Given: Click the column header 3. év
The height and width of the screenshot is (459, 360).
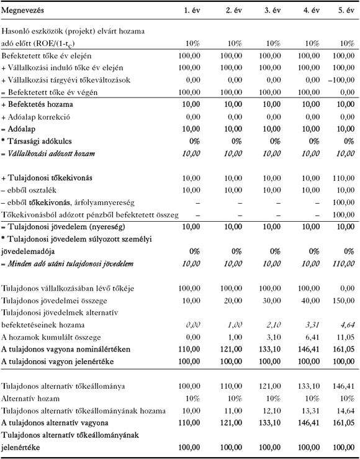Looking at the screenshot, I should pyautogui.click(x=271, y=11).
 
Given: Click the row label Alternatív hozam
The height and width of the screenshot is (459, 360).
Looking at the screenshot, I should pyautogui.click(x=29, y=398).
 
